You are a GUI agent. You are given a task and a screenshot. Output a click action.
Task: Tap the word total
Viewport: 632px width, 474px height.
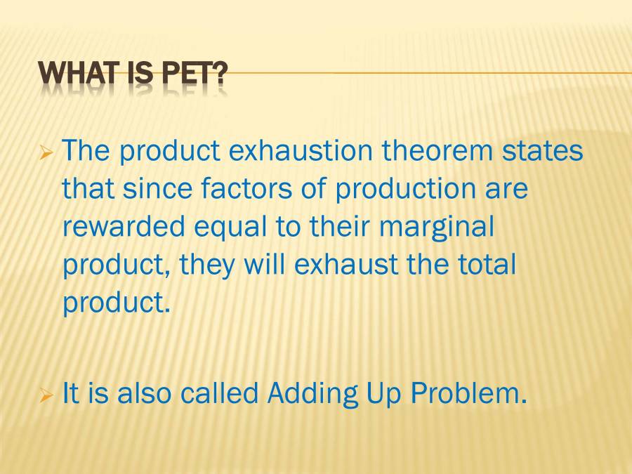point(486,265)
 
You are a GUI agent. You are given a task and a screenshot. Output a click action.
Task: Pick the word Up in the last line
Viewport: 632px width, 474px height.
point(383,395)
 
